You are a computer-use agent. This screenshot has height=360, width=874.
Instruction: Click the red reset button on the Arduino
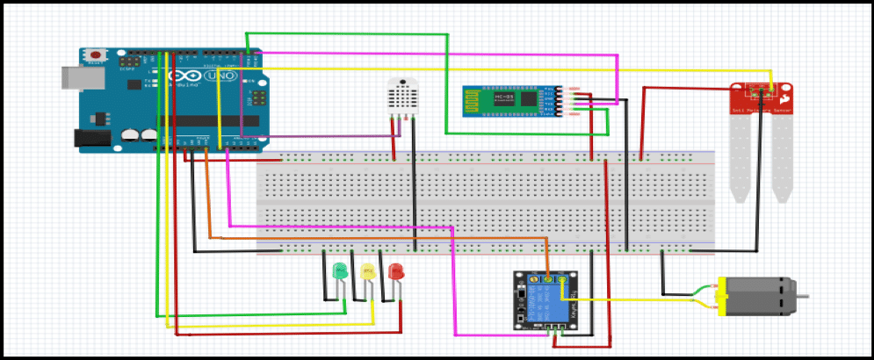tap(93, 55)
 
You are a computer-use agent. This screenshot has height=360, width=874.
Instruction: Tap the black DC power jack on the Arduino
tap(85, 137)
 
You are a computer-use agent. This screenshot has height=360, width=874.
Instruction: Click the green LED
tap(339, 270)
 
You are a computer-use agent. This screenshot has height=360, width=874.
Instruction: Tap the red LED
tap(395, 270)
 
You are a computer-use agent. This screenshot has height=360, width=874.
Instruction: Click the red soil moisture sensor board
tap(761, 98)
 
